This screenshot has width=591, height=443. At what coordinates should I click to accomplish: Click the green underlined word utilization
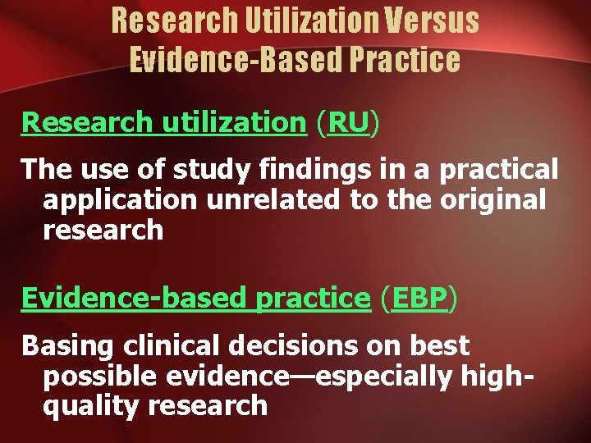tap(233, 122)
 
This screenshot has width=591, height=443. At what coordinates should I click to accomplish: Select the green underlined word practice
tap(313, 299)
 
